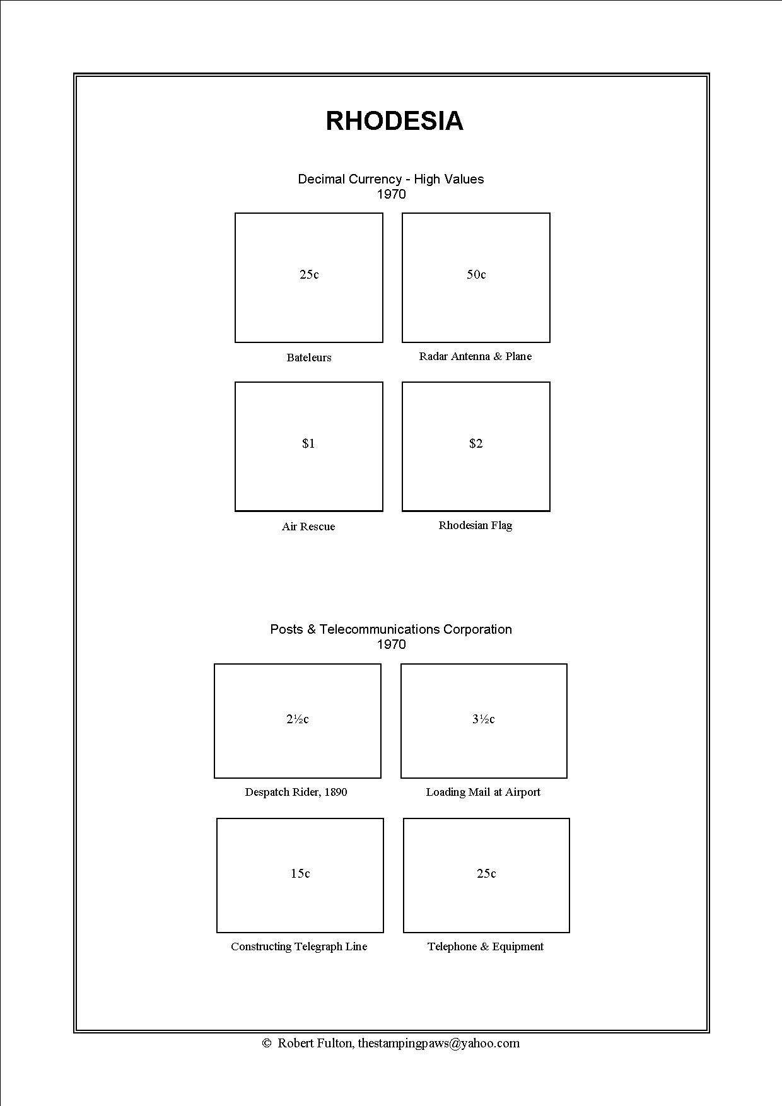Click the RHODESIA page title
coord(394,120)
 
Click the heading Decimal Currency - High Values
coord(391,179)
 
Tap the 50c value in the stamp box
coord(476,274)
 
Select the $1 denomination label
coord(308,443)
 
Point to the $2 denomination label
coord(476,443)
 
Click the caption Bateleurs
coord(309,358)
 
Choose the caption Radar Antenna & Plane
coord(476,356)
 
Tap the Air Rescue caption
coord(308,527)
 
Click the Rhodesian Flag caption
coord(476,525)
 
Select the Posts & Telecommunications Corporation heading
coord(391,629)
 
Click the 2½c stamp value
coord(298,719)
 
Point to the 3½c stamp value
coord(484,719)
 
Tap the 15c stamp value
coord(300,873)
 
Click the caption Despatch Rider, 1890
coord(296,792)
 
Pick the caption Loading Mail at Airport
coord(483,792)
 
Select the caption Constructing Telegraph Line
coord(299,946)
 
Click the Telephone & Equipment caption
coord(486,946)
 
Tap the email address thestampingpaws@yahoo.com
coord(439,1043)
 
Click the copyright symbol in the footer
coord(266,1043)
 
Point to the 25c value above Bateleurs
coord(309,274)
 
